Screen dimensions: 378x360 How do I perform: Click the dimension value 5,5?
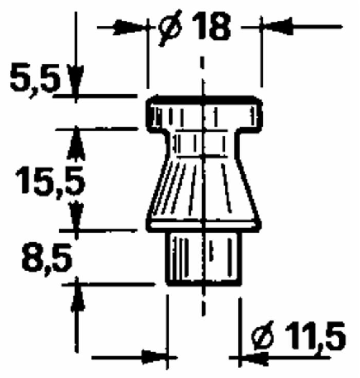pos(35,78)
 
